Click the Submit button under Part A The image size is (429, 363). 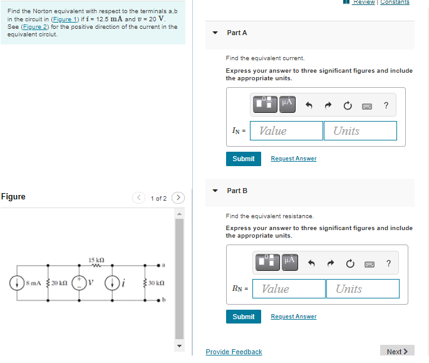(243, 159)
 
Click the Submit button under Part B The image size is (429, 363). (243, 317)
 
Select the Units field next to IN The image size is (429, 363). (360, 131)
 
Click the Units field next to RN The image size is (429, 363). (362, 289)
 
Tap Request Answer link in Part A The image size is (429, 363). (293, 159)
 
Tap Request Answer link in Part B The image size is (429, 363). (293, 317)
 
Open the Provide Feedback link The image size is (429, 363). (234, 352)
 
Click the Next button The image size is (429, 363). (397, 351)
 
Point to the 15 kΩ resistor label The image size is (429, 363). (96, 260)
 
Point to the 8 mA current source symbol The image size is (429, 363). (14, 283)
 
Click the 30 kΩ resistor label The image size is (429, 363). (157, 283)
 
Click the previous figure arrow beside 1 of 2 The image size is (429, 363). (139, 198)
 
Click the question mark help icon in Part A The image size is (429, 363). (386, 105)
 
